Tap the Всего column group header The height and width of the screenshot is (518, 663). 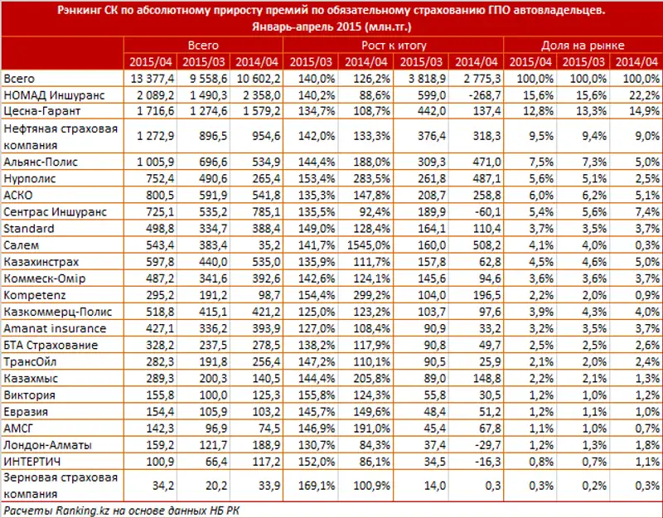coord(203,46)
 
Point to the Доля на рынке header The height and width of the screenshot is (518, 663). coord(583,46)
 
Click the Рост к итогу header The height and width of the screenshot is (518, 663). coord(394,46)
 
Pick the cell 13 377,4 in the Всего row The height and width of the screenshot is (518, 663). coord(151,78)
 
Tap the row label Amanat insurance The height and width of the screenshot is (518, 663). coord(46,328)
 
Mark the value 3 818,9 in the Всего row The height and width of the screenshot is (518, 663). coord(422,78)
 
